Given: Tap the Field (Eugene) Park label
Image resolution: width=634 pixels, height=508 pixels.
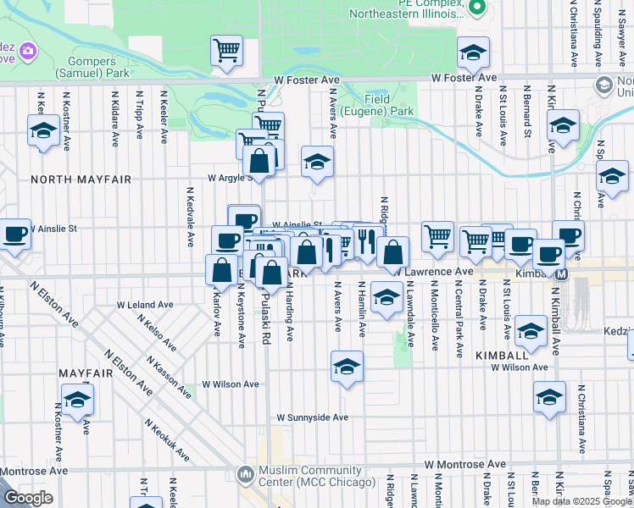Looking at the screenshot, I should (388, 105).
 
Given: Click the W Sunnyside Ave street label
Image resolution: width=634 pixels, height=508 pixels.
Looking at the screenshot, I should (313, 417).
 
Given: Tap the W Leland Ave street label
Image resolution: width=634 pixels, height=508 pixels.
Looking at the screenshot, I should (145, 304).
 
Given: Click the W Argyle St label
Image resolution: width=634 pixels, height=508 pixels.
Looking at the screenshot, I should (231, 178).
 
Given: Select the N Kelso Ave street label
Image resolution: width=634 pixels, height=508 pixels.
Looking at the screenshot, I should (159, 333).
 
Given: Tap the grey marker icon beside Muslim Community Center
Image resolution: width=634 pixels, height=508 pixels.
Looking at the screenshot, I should (246, 474).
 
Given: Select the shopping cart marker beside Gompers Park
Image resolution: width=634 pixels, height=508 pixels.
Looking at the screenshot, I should (226, 51).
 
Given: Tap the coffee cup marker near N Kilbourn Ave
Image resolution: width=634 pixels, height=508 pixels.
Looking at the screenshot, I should (14, 234).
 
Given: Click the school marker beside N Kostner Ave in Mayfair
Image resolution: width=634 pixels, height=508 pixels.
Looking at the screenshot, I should (77, 399).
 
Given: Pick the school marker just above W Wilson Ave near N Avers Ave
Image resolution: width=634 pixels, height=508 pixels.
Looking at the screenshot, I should (347, 367).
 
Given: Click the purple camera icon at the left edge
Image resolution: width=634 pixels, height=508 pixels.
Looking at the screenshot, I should (28, 52).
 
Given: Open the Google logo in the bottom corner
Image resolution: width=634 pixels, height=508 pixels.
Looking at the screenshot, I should (28, 498).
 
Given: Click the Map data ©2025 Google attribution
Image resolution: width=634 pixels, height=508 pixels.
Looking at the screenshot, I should (581, 501).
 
